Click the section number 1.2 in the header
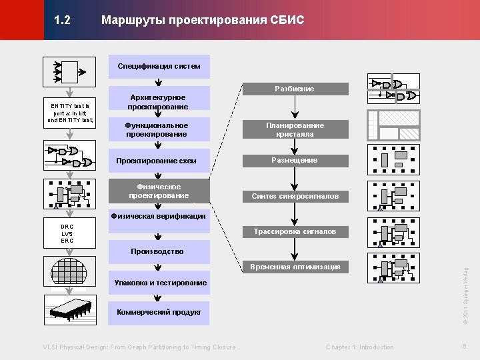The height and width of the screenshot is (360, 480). (63, 21)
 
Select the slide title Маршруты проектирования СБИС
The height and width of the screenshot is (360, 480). (202, 21)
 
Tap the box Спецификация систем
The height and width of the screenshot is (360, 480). (159, 66)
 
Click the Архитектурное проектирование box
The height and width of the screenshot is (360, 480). (159, 102)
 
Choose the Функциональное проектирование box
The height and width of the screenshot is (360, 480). (159, 130)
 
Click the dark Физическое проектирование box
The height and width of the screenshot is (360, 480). (159, 191)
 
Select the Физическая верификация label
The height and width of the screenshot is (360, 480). (159, 217)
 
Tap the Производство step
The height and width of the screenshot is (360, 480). (159, 252)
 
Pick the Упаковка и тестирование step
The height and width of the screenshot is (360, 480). (159, 283)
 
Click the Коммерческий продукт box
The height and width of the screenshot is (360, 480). (159, 312)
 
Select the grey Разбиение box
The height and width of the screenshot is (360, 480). (295, 89)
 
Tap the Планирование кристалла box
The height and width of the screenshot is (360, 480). (295, 129)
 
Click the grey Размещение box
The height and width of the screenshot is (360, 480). (295, 161)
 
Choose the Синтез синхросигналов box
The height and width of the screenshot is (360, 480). (295, 196)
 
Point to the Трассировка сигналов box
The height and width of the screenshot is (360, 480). (295, 232)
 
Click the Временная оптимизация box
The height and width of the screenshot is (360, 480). (295, 267)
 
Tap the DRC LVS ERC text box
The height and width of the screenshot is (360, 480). (67, 233)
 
